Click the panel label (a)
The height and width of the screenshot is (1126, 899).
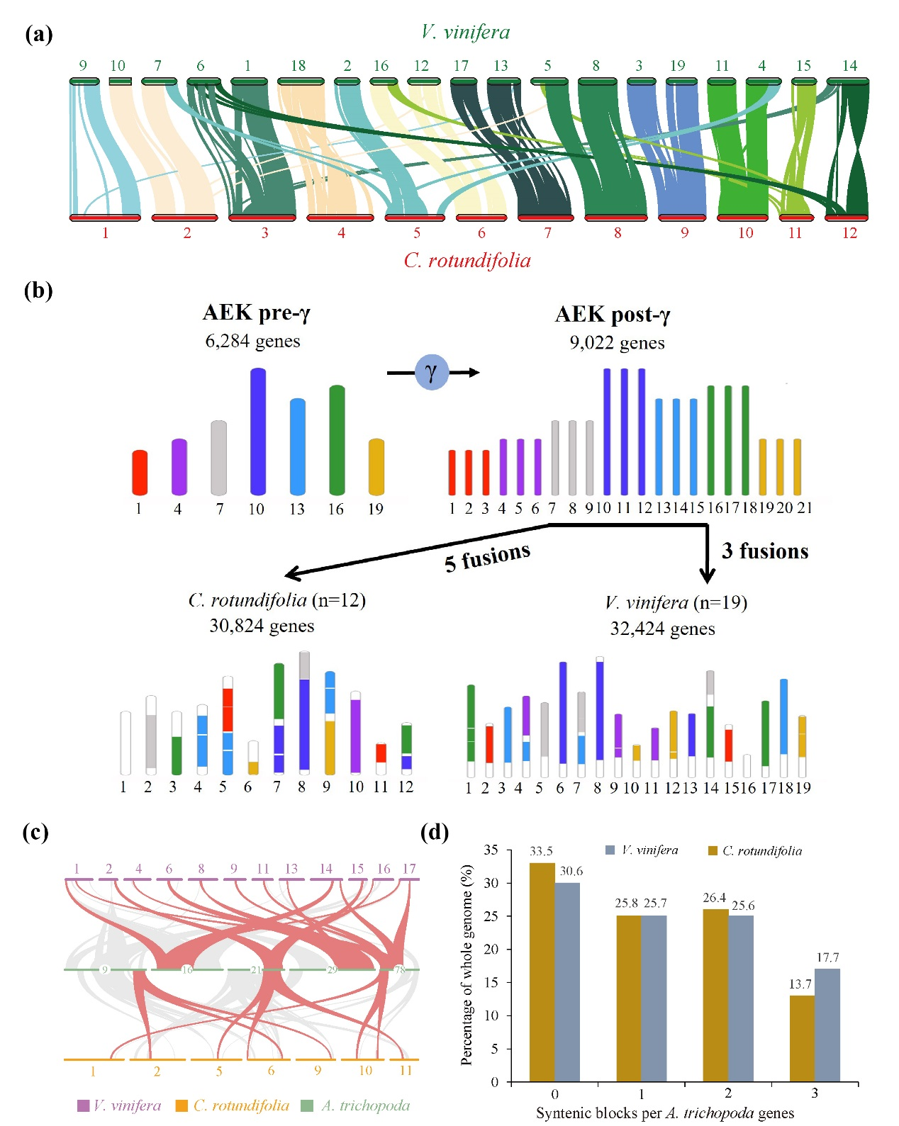38,34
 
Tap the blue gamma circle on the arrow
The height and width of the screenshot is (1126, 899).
431,372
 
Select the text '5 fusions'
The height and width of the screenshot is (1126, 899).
487,557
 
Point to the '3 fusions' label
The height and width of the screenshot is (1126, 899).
765,551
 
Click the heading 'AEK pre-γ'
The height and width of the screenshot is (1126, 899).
256,313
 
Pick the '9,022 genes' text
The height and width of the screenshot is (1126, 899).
617,343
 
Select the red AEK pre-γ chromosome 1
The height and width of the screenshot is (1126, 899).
140,472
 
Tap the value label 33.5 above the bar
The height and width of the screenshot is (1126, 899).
541,851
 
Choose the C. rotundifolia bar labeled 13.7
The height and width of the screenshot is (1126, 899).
802,1038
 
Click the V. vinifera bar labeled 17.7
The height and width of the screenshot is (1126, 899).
827,1025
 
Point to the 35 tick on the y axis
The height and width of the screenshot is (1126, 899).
491,850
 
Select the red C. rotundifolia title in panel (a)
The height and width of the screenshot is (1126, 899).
467,261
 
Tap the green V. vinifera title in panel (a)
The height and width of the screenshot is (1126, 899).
465,32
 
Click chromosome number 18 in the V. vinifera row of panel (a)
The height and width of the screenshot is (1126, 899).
298,66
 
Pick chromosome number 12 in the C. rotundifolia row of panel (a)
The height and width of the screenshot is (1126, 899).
849,233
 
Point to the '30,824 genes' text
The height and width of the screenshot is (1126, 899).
262,626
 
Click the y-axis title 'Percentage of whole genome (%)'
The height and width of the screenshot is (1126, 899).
467,965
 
